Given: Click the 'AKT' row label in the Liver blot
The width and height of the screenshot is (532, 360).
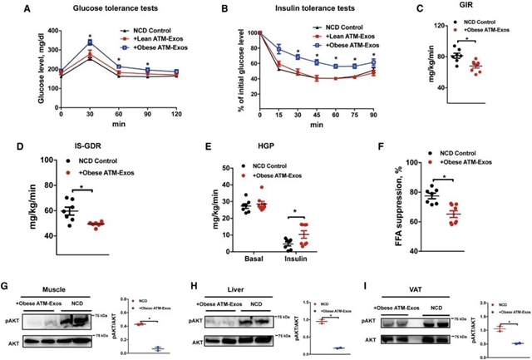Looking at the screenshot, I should pos(195,341).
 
